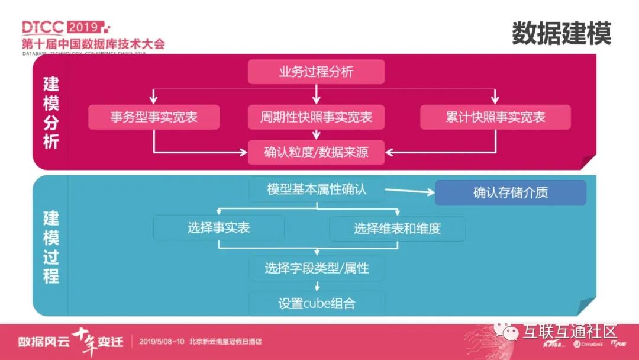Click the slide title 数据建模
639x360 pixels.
tap(561, 33)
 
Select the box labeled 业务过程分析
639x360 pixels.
tap(316, 72)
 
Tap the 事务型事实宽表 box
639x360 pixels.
tap(154, 117)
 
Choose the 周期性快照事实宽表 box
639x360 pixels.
tap(316, 117)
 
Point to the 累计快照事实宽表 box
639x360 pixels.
tap(495, 117)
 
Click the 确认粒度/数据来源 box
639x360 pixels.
tap(316, 152)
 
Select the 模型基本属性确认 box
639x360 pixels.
tap(316, 189)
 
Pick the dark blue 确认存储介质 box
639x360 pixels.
tap(510, 193)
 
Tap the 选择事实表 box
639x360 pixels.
tap(219, 228)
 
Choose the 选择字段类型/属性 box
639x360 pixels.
tap(317, 268)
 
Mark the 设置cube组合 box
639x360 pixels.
tap(317, 304)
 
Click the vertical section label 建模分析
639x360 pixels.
tap(51, 112)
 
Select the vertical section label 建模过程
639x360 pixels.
tap(51, 247)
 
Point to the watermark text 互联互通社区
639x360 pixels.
tap(569, 332)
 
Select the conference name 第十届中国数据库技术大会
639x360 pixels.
tap(93, 44)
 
